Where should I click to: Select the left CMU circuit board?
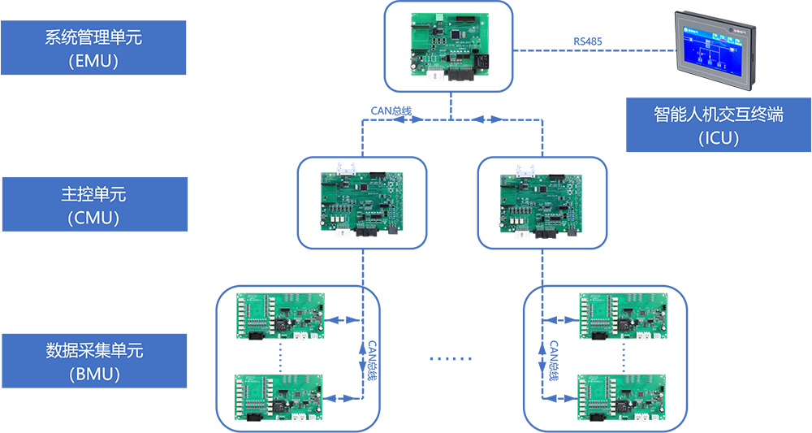(361, 203)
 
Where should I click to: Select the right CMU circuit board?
(542, 203)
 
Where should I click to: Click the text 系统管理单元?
(94, 37)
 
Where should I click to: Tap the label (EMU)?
(94, 61)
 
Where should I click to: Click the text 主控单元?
(94, 195)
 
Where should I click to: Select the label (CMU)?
(94, 218)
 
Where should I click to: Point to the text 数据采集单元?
(94, 352)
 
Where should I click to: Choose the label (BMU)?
(94, 375)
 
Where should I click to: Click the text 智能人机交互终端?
(719, 115)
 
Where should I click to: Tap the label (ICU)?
(719, 138)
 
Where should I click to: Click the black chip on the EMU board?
(461, 35)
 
